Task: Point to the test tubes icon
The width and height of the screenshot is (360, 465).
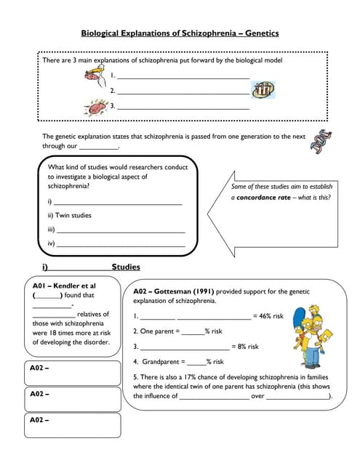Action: pos(263,90)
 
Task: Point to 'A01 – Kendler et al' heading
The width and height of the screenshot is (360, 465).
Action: pos(63,286)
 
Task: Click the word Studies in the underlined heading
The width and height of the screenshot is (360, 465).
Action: pos(126,267)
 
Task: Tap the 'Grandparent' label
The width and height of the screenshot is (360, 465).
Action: pos(159,362)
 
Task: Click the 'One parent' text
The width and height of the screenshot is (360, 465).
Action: pos(160,331)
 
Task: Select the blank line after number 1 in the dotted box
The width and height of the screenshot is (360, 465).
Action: pos(183,76)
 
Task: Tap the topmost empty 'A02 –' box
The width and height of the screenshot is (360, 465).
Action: pos(73,373)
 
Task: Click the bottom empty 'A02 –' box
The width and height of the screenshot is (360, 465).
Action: pos(73,426)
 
